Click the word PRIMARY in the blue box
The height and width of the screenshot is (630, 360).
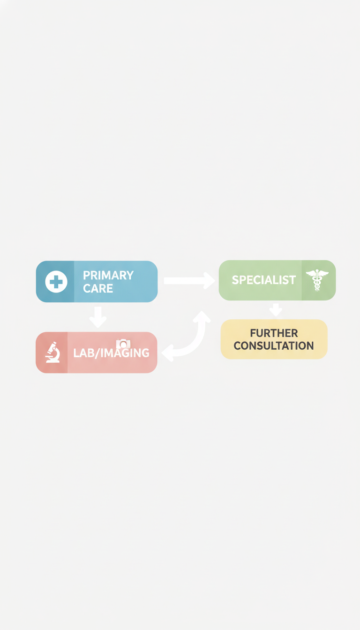pyautogui.click(x=108, y=275)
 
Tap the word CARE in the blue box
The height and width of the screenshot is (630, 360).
pyautogui.click(x=98, y=288)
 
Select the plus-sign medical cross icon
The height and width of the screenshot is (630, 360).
pyautogui.click(x=56, y=282)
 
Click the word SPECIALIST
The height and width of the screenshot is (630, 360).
pyautogui.click(x=264, y=280)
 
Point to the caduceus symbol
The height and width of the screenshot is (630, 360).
pyautogui.click(x=317, y=280)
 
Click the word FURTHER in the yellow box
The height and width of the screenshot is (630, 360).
pyautogui.click(x=274, y=333)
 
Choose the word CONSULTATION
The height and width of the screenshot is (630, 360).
pyautogui.click(x=274, y=345)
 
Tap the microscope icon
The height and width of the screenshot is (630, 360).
pyautogui.click(x=53, y=352)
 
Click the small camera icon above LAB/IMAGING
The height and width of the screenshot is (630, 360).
pyautogui.click(x=123, y=344)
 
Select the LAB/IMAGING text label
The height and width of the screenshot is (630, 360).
pyautogui.click(x=111, y=353)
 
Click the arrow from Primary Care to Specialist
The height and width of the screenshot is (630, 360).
pyautogui.click(x=189, y=280)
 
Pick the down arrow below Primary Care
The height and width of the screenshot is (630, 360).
pyautogui.click(x=98, y=317)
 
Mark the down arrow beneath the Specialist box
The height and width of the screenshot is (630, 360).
pyautogui.click(x=276, y=310)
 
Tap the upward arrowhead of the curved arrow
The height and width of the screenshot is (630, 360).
pyautogui.click(x=202, y=317)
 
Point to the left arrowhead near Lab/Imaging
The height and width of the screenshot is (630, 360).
pyautogui.click(x=168, y=353)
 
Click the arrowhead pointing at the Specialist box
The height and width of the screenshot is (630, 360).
pyautogui.click(x=209, y=280)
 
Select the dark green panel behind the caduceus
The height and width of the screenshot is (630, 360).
pyautogui.click(x=319, y=280)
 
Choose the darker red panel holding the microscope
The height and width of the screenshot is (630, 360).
pyautogui.click(x=52, y=352)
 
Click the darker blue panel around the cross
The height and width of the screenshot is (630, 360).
pyautogui.click(x=55, y=282)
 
